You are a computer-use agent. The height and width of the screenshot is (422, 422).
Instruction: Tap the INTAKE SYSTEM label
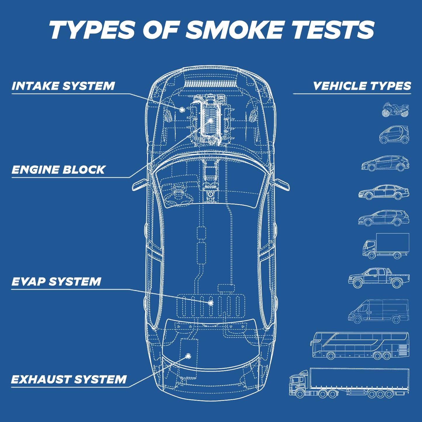63,86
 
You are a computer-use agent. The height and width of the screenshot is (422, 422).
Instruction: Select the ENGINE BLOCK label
58,170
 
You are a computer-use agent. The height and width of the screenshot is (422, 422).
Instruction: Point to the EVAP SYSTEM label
56,282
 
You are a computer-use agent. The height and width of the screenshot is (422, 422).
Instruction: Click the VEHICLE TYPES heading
362,86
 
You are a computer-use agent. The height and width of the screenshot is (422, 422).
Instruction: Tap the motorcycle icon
395,109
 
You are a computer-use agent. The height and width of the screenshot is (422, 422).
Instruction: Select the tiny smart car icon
394,135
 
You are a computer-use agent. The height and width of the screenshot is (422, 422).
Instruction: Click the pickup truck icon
379,278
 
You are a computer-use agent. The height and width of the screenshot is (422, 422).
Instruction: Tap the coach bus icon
360,346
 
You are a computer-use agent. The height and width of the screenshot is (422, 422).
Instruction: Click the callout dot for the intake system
182,109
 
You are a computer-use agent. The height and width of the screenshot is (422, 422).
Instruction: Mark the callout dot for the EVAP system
211,303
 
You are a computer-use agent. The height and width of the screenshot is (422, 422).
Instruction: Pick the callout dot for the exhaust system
188,356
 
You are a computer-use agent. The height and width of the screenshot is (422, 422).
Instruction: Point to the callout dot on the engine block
211,120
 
